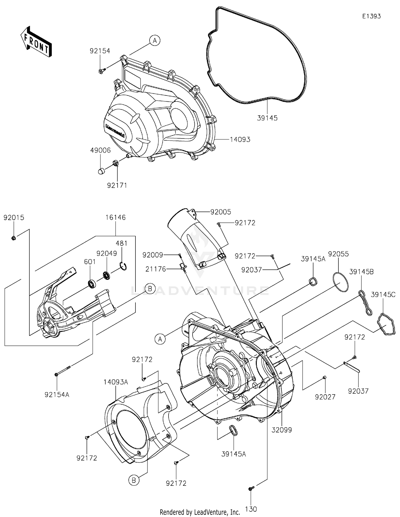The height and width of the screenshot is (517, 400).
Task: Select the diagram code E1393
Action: click(371, 16)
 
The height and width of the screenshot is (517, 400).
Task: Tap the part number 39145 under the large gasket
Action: click(267, 118)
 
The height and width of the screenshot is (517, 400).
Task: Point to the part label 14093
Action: click(240, 140)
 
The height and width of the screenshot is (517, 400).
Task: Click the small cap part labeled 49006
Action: click(101, 171)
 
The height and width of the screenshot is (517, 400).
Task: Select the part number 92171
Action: click(117, 185)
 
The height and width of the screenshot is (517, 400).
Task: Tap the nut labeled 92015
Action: click(14, 238)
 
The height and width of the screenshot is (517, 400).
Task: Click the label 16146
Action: click(115, 217)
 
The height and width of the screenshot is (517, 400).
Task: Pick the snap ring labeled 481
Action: click(123, 267)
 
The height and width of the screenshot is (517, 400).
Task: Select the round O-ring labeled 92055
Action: click(341, 283)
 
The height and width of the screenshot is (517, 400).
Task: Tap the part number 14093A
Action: click(116, 382)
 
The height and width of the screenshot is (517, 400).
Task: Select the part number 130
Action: click(251, 509)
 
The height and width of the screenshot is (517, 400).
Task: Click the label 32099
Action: click(282, 430)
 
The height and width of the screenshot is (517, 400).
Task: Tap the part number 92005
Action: click(221, 212)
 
